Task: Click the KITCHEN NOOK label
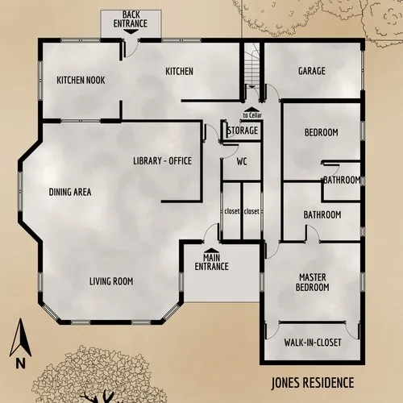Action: pyautogui.click(x=81, y=81)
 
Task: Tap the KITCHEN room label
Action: pyautogui.click(x=179, y=71)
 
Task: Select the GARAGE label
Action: pyautogui.click(x=312, y=71)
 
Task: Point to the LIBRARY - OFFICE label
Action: pyautogui.click(x=162, y=161)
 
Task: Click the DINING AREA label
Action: pyautogui.click(x=70, y=192)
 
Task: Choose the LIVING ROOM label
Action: pyautogui.click(x=110, y=281)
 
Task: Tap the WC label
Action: pyautogui.click(x=241, y=161)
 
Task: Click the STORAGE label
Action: pyautogui.click(x=242, y=131)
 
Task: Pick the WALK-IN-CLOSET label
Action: pyautogui.click(x=313, y=343)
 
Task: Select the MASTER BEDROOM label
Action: pyautogui.click(x=313, y=281)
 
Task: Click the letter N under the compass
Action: pyautogui.click(x=19, y=363)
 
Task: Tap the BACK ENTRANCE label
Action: pyautogui.click(x=130, y=19)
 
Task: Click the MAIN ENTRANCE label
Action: pyautogui.click(x=211, y=262)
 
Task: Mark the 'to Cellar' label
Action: pyautogui.click(x=252, y=116)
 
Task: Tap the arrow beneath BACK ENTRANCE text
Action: pyautogui.click(x=130, y=32)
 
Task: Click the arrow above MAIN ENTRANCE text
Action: pyautogui.click(x=211, y=251)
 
